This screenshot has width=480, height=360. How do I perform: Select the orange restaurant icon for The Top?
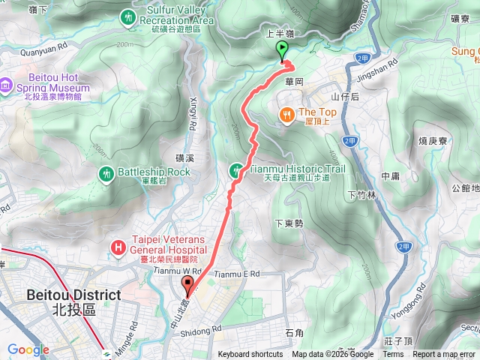pyautogui.click(x=286, y=115)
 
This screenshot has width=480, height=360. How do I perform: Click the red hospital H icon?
pyautogui.click(x=118, y=245)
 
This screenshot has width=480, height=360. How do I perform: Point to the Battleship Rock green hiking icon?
pyautogui.click(x=106, y=173)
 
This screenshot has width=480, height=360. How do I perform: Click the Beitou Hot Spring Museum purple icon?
pyautogui.click(x=6, y=85)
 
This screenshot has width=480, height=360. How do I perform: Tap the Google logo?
pyautogui.click(x=28, y=349)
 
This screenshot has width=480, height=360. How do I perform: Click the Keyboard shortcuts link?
pyautogui.click(x=250, y=355)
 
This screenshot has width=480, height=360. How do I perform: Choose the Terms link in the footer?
pyautogui.click(x=393, y=355)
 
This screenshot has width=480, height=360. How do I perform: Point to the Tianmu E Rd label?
pyautogui.click(x=236, y=274)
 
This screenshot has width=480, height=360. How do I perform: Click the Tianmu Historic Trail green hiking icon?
pyautogui.click(x=236, y=170)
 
